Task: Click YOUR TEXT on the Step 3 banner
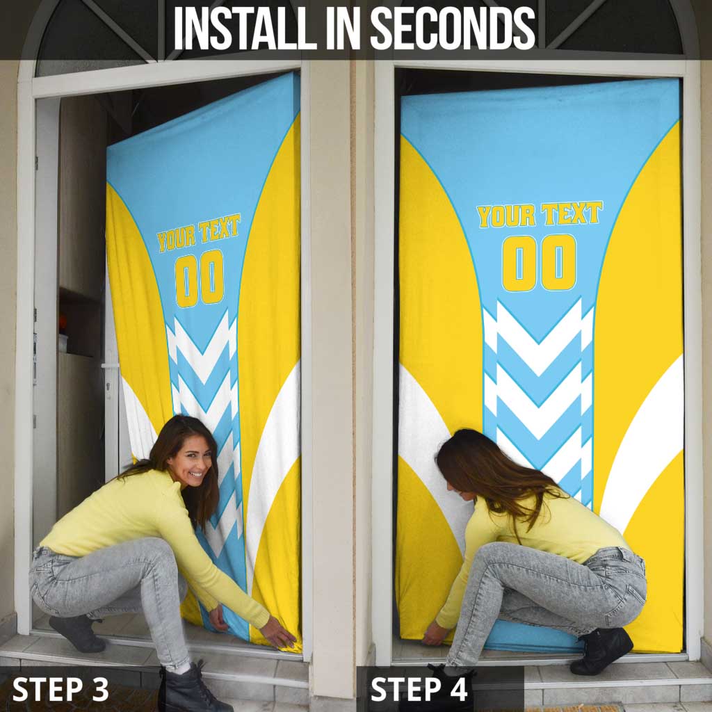pyautogui.click(x=198, y=232)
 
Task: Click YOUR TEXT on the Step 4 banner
pyautogui.click(x=540, y=215)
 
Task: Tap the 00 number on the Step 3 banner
pyautogui.click(x=200, y=278)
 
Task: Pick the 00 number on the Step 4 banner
pyautogui.click(x=539, y=262)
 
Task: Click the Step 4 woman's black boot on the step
pyautogui.click(x=601, y=651)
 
